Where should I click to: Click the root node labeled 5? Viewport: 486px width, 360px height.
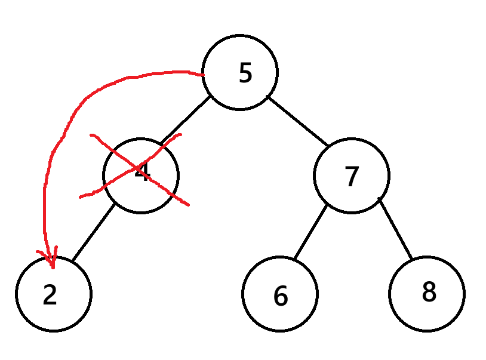click(240, 72)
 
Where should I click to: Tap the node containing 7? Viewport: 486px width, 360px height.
click(352, 176)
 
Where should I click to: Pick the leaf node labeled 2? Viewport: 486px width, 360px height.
click(54, 294)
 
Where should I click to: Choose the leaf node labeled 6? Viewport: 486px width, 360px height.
click(280, 294)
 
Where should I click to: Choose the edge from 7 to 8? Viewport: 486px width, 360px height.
click(395, 229)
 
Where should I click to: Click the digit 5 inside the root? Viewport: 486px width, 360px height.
click(245, 73)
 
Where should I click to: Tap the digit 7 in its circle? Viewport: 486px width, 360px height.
click(352, 176)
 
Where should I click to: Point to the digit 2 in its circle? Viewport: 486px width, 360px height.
click(50, 295)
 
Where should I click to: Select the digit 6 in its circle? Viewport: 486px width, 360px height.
click(281, 296)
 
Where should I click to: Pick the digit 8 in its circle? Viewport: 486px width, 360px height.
click(429, 292)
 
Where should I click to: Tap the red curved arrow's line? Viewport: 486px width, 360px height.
click(66, 125)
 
